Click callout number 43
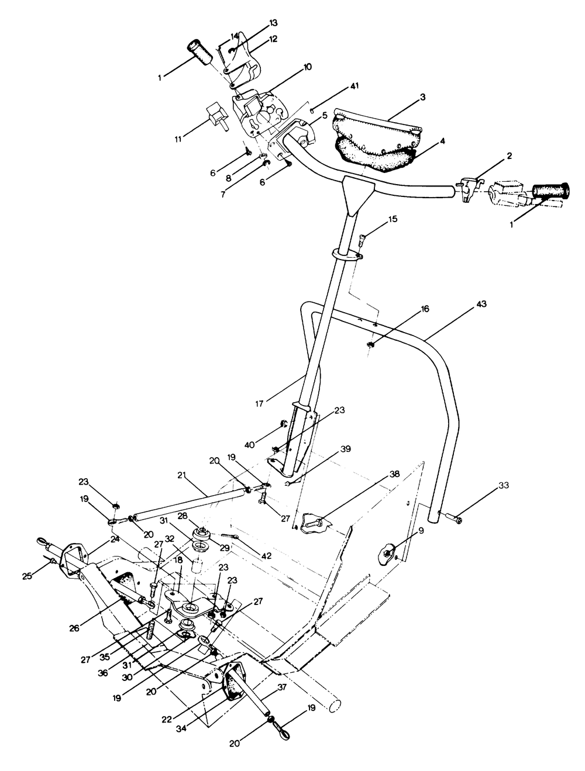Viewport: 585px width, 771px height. point(481,305)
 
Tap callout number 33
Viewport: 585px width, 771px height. point(504,486)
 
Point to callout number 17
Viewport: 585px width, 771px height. point(260,403)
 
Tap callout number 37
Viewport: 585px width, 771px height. point(283,687)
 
